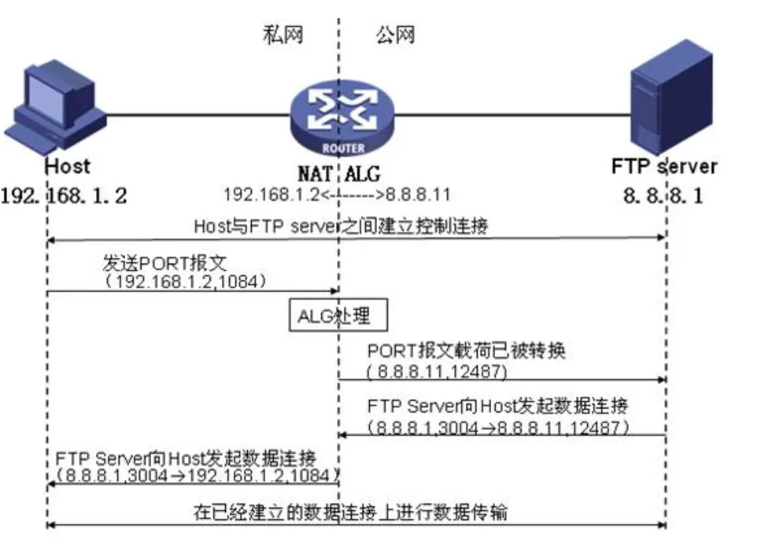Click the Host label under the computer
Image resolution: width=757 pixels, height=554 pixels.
67,166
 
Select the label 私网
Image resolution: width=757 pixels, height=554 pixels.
282,35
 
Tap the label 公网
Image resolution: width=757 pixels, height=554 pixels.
394,35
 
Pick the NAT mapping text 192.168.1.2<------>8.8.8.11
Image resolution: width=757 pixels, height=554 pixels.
337,194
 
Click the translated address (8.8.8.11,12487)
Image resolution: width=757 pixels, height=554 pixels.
437,368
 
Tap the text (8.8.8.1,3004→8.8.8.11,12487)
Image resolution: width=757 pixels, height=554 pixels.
498,427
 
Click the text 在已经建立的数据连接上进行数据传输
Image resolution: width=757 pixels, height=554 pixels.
351,512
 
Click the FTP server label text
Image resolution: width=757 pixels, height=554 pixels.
663,167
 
